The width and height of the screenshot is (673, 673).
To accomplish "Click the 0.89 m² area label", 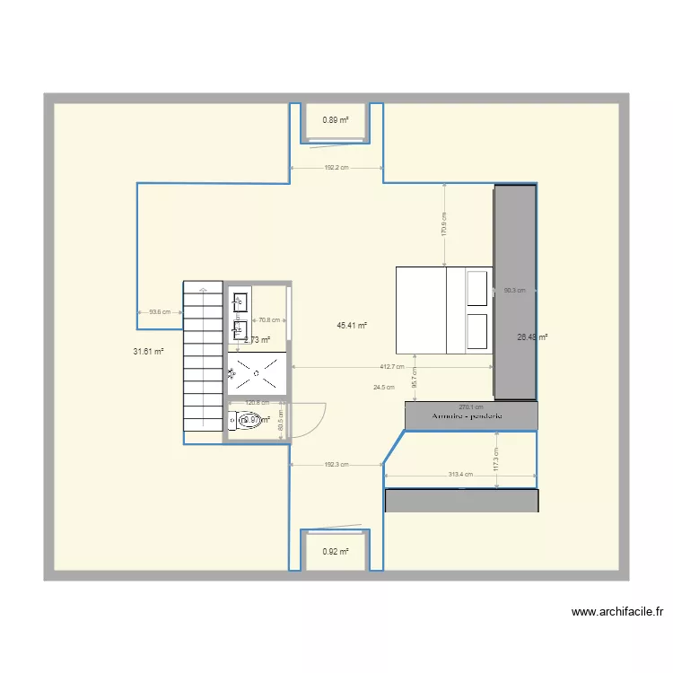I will coord(336,119).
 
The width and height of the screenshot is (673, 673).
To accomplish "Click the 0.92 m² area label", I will coord(336,553).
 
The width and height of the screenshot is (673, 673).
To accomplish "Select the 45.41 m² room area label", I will coord(352,326).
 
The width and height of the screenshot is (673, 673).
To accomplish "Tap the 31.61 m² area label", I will coord(148,352).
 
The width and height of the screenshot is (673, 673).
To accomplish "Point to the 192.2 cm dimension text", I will coord(336,168).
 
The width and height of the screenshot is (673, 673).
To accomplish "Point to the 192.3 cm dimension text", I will coord(336,464).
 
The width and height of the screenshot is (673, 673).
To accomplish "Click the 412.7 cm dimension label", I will coord(391,367).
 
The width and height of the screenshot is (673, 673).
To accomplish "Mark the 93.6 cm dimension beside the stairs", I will coord(160,312).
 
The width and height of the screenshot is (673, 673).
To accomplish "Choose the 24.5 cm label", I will coord(384,388).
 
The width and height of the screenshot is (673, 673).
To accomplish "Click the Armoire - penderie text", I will coord(467,417).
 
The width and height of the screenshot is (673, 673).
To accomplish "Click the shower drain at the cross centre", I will coord(258,371).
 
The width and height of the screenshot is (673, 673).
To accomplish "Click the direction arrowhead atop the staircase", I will coord(204,289).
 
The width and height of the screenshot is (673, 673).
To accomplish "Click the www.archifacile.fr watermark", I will coord(616,613).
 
